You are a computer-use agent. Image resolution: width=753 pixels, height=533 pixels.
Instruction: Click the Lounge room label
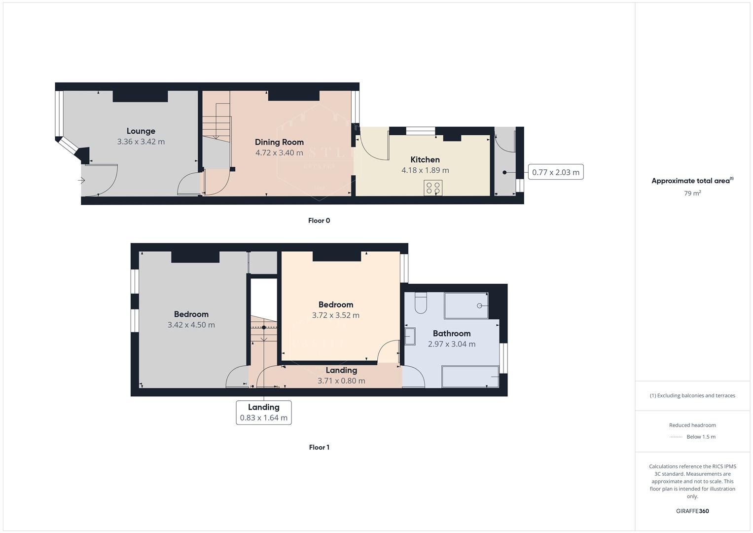[141, 131]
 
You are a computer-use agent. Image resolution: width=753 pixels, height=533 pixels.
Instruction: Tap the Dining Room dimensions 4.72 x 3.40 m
[279, 153]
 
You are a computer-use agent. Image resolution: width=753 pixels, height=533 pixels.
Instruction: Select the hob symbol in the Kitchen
[433, 188]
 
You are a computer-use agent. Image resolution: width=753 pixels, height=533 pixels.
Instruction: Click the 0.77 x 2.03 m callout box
[556, 172]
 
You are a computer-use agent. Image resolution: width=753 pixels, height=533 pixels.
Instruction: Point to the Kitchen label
[425, 159]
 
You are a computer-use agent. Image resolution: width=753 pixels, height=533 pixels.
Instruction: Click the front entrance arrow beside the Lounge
[82, 181]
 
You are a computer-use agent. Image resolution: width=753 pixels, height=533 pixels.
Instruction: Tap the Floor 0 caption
[319, 221]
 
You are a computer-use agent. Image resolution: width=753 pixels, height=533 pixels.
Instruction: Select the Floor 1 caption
[319, 448]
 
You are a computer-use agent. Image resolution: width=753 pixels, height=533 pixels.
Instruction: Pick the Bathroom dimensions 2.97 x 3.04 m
[452, 344]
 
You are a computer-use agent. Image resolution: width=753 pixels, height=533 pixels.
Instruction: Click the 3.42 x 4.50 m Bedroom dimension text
[191, 325]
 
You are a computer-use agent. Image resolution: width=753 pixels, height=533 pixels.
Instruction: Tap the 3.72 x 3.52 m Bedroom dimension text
[336, 315]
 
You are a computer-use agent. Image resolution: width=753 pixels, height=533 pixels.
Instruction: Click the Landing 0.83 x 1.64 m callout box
[264, 413]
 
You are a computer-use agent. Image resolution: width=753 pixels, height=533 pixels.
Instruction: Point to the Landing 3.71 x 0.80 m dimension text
[341, 381]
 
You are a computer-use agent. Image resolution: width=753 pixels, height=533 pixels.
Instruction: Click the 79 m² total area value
[692, 193]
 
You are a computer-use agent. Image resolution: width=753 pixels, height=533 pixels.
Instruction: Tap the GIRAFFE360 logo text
[692, 511]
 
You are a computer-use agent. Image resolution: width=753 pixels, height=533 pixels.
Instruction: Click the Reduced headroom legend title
[692, 425]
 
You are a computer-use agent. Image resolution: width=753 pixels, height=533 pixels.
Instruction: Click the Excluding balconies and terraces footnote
[692, 396]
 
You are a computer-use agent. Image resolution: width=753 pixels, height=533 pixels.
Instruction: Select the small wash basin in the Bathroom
[409, 337]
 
